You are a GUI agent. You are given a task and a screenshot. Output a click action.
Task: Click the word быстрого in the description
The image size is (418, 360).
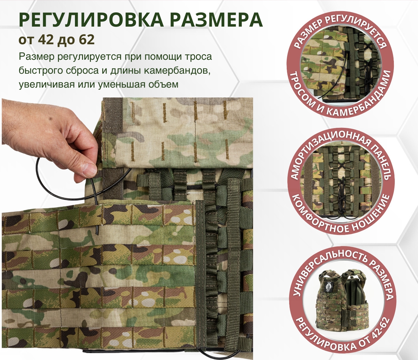pyautogui.click(x=37, y=71)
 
